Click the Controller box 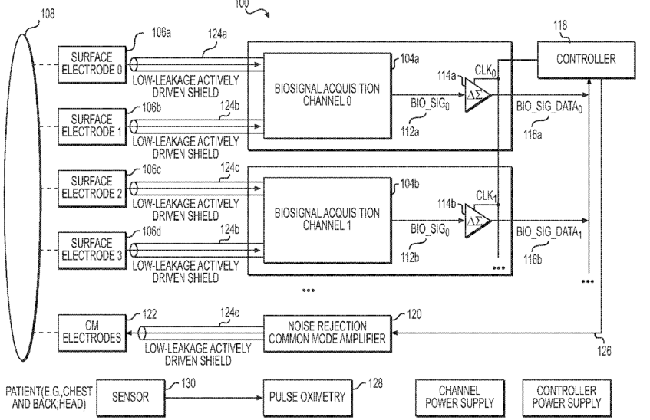(x=586, y=60)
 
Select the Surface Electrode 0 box (x=92, y=64)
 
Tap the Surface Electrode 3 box (x=92, y=250)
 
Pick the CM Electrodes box (x=92, y=333)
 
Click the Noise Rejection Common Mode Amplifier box (x=328, y=333)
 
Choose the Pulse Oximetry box (x=308, y=398)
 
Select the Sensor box (x=130, y=398)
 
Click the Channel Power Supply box (x=460, y=398)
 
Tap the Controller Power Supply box (x=566, y=398)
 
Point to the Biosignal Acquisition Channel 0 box (x=328, y=95)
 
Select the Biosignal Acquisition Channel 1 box (x=328, y=220)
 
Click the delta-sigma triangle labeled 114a (x=477, y=95)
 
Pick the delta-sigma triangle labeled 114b (x=477, y=221)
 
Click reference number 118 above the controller (x=560, y=25)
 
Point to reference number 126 (x=604, y=351)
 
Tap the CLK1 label (x=486, y=196)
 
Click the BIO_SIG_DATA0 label (x=549, y=107)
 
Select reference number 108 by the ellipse (x=48, y=14)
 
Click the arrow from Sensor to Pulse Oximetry (x=214, y=398)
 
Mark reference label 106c (x=152, y=169)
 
